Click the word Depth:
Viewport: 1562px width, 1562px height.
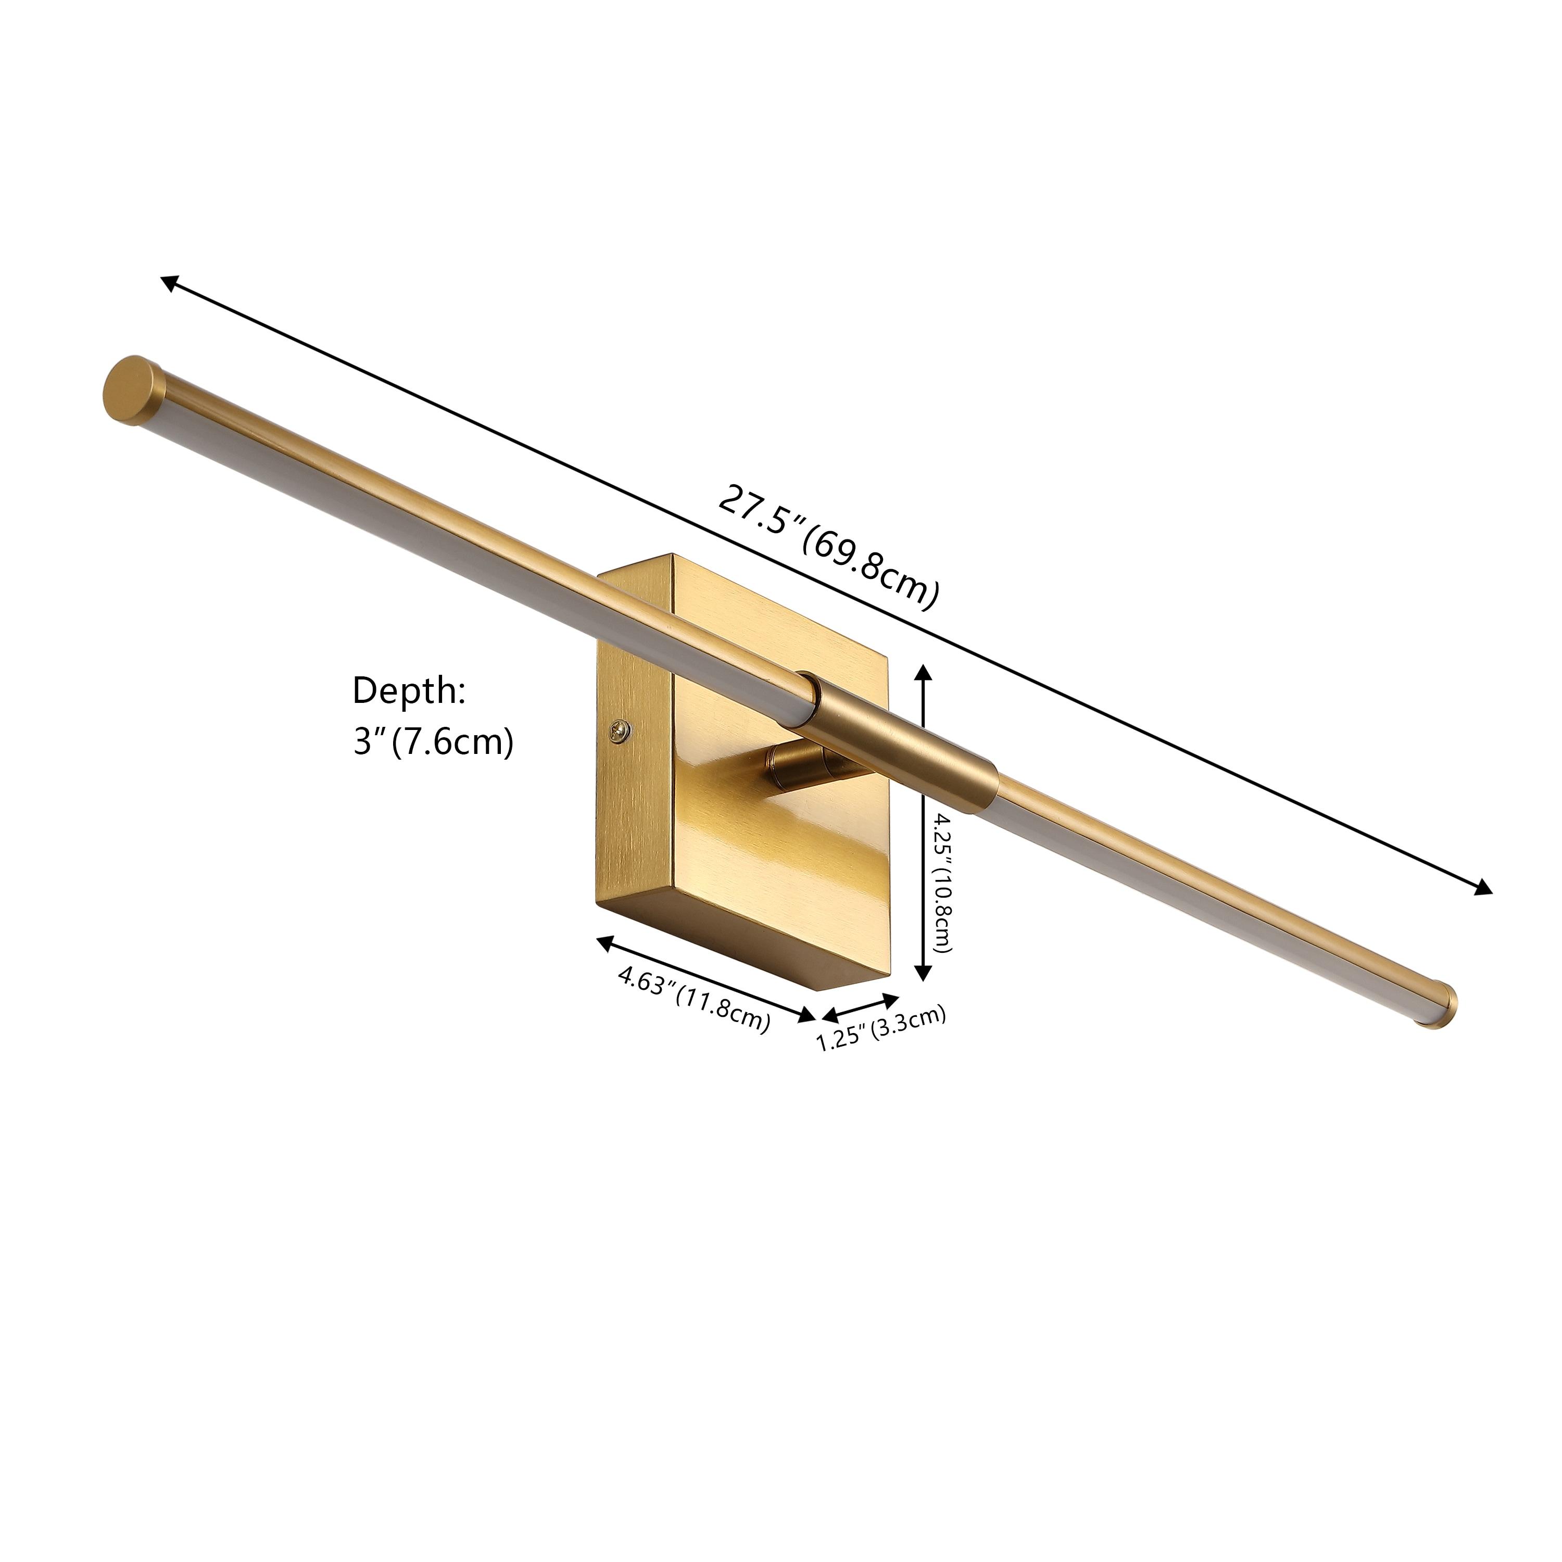point(408,691)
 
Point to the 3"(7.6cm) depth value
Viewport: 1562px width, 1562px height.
point(433,741)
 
